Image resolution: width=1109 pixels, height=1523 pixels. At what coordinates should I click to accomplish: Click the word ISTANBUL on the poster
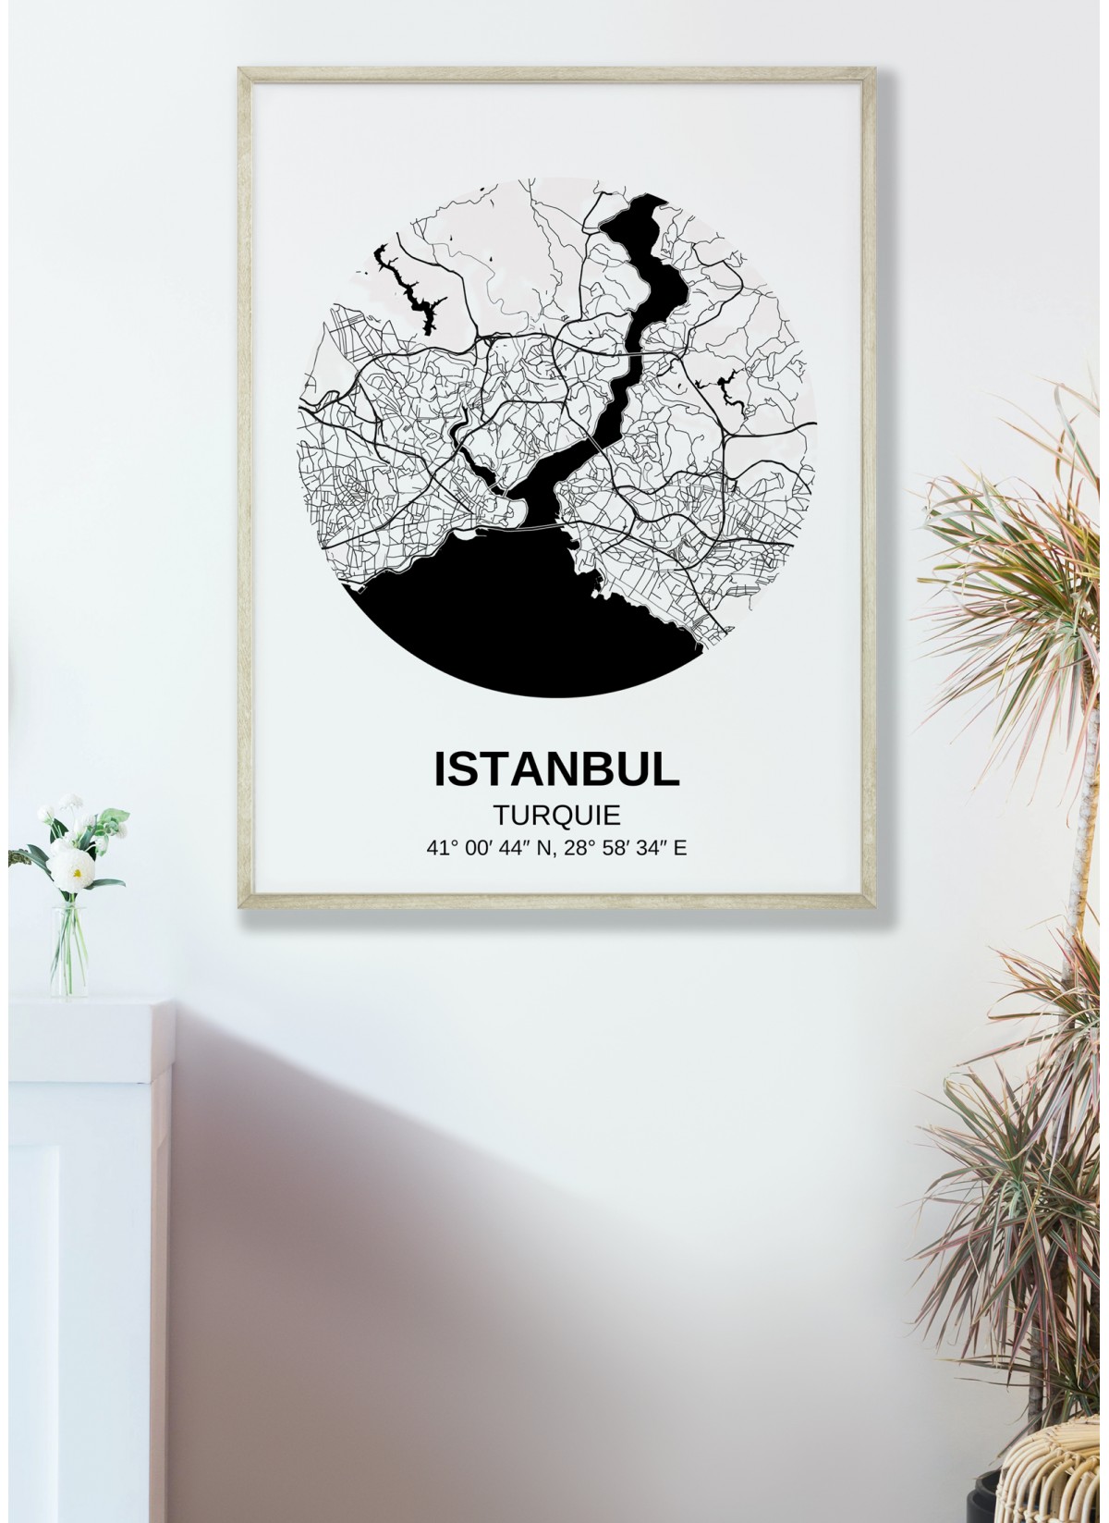pos(555,770)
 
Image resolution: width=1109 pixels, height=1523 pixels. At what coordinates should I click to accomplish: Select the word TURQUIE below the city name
pos(555,815)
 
